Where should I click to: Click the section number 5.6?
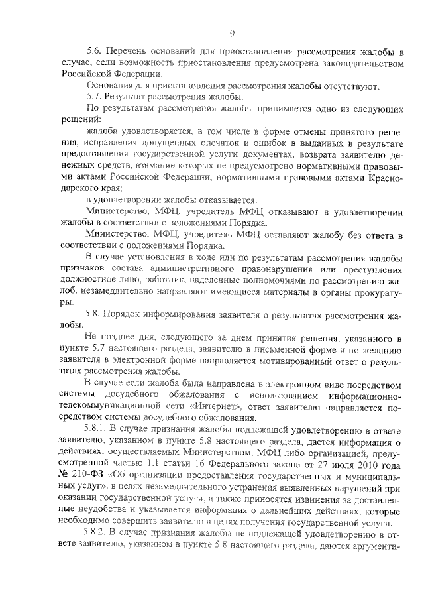[96, 52]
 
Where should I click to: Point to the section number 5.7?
[96, 97]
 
